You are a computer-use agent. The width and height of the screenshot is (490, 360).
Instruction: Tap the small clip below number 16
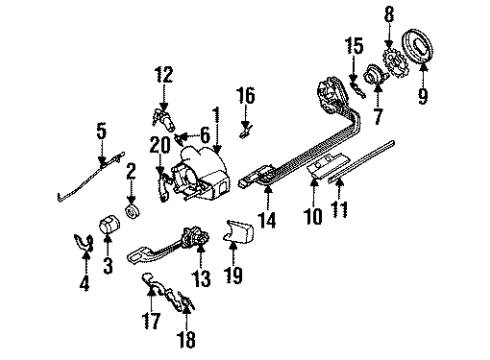pos(246,128)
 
